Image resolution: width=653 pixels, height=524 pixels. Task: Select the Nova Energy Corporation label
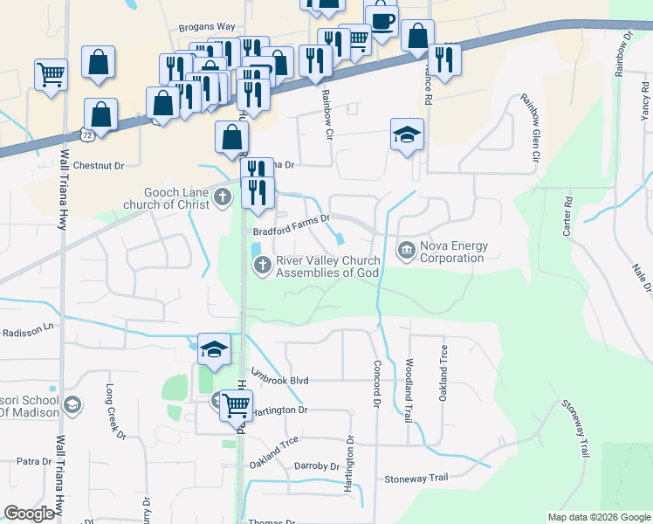451,252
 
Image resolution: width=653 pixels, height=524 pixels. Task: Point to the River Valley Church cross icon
262,265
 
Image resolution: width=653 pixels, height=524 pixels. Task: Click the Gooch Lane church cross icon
223,198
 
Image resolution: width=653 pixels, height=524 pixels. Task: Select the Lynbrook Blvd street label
280,381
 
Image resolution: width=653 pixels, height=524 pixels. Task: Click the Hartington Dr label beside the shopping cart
279,410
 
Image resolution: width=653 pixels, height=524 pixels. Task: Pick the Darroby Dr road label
316,466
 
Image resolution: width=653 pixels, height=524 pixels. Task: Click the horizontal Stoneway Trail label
416,479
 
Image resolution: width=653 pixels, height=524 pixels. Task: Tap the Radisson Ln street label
27,333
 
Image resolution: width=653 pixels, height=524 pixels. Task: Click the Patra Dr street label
35,461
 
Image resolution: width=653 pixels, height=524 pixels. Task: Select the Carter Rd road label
567,215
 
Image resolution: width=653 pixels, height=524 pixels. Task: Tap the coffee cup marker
381,20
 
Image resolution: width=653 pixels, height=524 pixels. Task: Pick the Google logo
29,514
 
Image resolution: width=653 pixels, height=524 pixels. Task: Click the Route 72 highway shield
86,135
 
